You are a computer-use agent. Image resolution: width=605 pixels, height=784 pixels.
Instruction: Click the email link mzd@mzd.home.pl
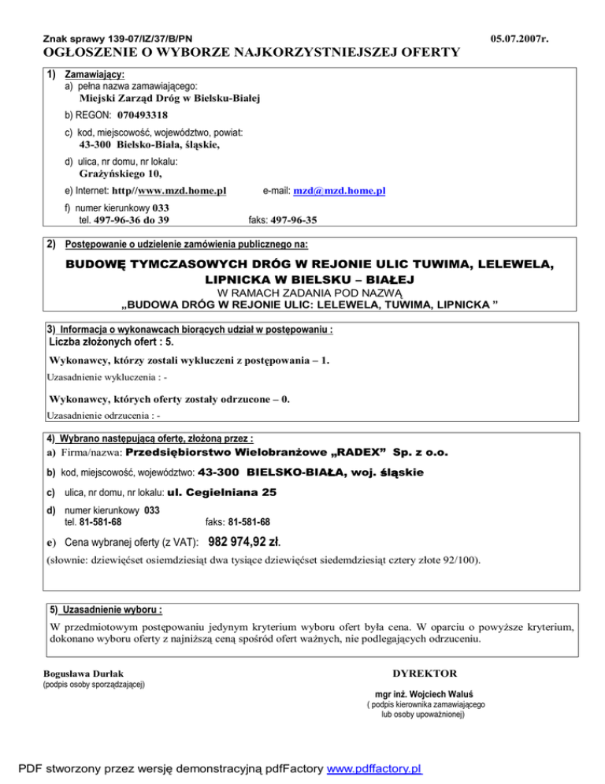click(x=339, y=191)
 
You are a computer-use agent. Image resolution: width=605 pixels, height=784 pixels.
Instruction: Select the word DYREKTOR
click(x=424, y=674)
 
